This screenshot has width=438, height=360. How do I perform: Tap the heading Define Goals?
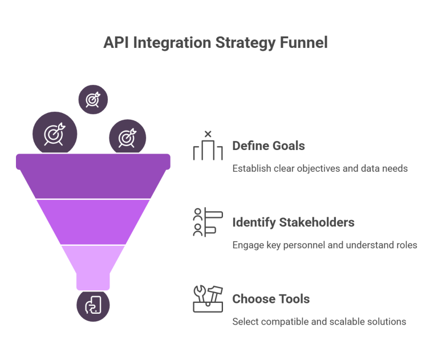click(268, 146)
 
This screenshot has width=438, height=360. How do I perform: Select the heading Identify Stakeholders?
click(293, 223)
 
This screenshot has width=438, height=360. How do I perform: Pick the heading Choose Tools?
click(271, 299)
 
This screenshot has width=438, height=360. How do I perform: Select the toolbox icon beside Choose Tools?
click(207, 298)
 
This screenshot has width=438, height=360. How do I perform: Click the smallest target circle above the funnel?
click(93, 99)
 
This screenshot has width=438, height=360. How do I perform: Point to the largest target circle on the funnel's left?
click(54, 134)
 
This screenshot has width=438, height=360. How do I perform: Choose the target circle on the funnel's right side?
click(127, 137)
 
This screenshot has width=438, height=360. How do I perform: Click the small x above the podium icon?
click(208, 134)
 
